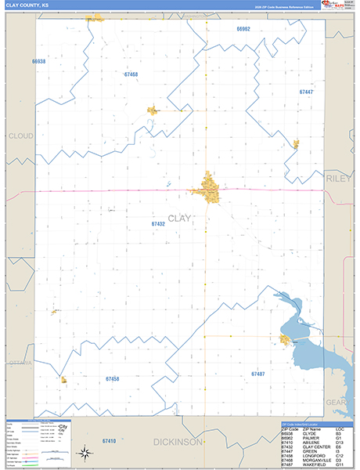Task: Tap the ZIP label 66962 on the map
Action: [x=243, y=28]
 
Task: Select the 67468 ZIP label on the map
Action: [x=131, y=74]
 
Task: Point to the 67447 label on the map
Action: [x=306, y=92]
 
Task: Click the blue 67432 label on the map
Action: [x=158, y=223]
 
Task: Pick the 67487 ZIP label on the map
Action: [x=258, y=374]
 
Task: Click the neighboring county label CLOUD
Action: [x=20, y=136]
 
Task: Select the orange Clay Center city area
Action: [x=209, y=188]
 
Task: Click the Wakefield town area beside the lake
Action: [x=285, y=339]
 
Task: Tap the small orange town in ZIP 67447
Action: [x=296, y=143]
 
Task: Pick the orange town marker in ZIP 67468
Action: [x=153, y=110]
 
